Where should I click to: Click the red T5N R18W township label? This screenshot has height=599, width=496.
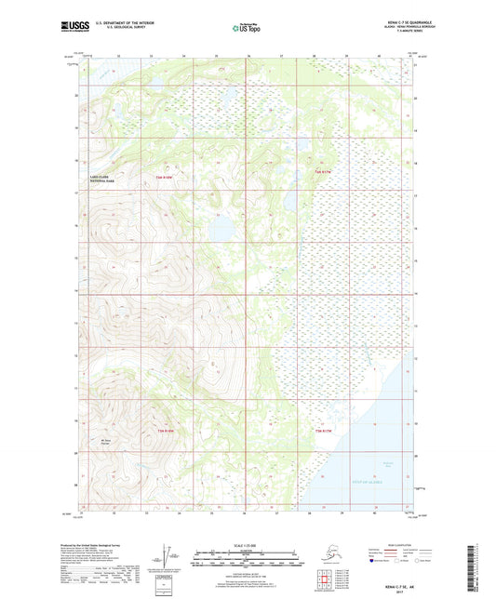click(164, 176)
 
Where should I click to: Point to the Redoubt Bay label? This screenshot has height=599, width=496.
click(363, 449)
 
